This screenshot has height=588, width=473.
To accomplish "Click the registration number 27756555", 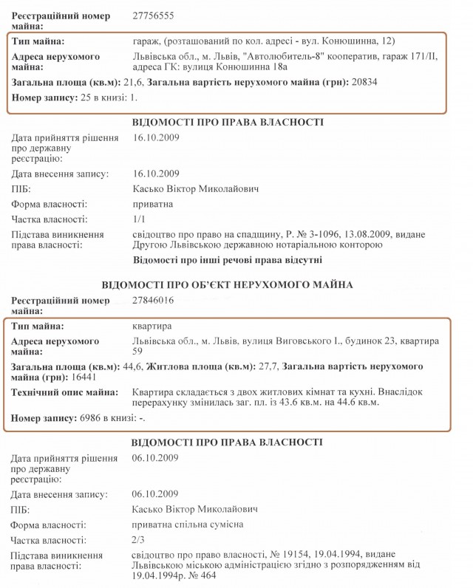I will tap(154, 16).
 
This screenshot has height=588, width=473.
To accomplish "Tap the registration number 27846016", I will tap(154, 301).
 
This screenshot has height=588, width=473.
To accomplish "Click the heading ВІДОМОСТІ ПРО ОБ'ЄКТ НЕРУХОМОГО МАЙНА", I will tap(227, 284).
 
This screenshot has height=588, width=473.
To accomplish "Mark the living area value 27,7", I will tap(263, 366).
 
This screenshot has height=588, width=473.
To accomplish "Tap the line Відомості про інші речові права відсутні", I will tap(228, 261).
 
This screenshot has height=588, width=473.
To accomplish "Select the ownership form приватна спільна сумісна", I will tap(187, 524).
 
